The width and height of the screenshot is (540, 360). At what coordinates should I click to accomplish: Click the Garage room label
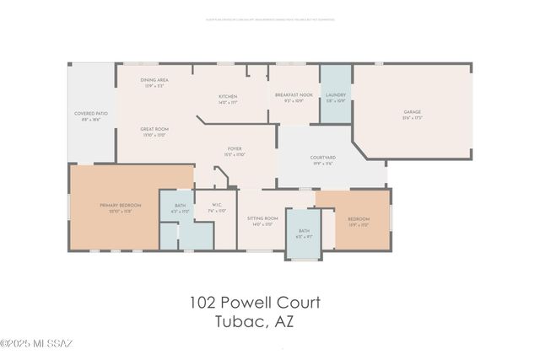(412, 112)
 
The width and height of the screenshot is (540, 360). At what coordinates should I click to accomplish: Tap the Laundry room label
(336, 95)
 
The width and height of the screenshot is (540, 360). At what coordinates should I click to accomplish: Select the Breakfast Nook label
(294, 95)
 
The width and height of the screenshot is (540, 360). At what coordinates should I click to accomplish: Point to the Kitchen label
(228, 96)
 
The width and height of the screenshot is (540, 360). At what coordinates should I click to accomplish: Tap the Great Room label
(154, 129)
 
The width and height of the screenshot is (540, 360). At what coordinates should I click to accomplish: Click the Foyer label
(234, 150)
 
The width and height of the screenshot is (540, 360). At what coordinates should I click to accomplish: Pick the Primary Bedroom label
(120, 206)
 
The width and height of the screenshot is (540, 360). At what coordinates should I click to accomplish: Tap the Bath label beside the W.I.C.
(181, 206)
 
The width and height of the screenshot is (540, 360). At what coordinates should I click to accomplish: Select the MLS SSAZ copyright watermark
(39, 343)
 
